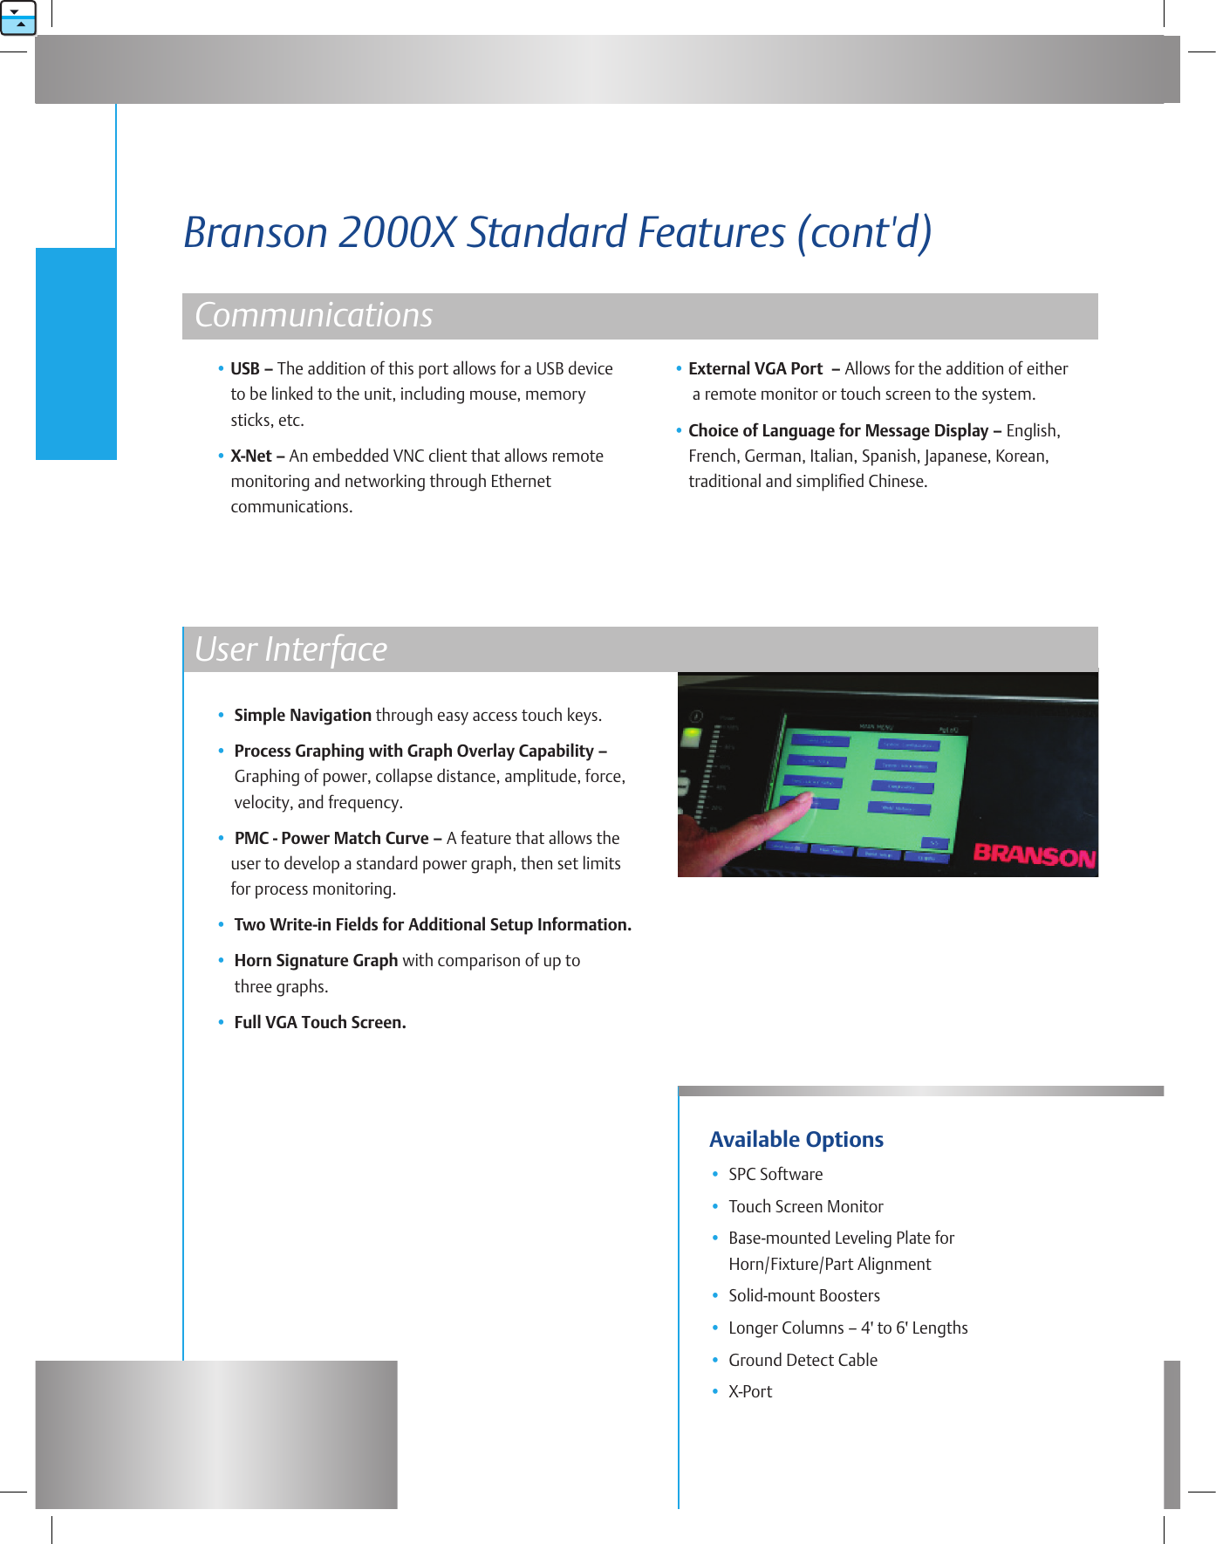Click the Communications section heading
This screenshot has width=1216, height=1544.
point(313,316)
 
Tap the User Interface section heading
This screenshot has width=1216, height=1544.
point(290,650)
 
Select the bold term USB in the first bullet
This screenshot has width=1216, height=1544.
point(244,369)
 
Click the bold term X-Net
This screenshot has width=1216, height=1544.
point(250,456)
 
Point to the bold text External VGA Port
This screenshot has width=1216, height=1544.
point(755,369)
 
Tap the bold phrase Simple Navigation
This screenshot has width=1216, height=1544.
point(303,716)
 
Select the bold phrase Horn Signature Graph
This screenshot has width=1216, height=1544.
point(316,961)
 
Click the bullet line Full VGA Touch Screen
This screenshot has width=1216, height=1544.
point(319,1023)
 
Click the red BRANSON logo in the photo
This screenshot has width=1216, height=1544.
point(1034,854)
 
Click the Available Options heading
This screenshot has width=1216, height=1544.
point(796,1140)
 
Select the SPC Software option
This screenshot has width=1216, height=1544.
point(775,1175)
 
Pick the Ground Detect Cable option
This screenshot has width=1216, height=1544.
point(803,1361)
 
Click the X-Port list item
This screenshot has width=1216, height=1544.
point(750,1392)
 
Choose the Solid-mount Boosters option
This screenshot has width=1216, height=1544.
point(803,1296)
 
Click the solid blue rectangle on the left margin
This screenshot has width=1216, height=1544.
point(76,353)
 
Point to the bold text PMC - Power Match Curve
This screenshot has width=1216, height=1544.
point(331,839)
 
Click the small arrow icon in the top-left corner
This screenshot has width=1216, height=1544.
point(17,17)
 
